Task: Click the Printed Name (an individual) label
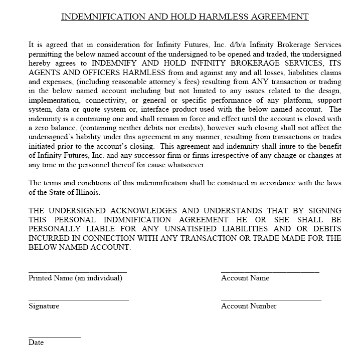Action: pos(75,278)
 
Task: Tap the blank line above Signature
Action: pos(79,299)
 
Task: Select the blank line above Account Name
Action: pos(270,272)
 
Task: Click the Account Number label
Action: pos(249,306)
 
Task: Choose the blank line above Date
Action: pos(54,336)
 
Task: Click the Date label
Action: pos(36,343)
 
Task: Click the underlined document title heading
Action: pos(185,17)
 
